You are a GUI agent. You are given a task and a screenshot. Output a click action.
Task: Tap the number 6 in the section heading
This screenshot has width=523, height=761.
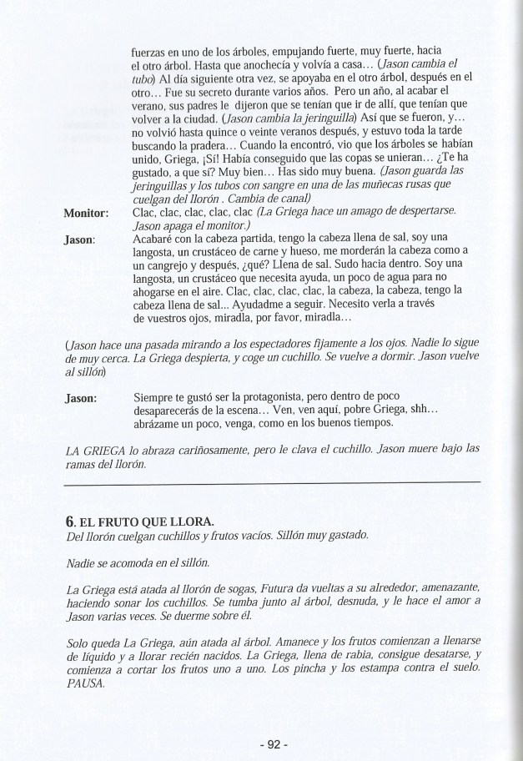[x=69, y=520]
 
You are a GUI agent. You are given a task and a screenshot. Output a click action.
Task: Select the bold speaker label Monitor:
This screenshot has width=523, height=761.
[x=88, y=213]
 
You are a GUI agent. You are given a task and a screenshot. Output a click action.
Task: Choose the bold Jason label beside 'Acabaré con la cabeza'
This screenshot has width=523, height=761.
[x=79, y=239]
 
